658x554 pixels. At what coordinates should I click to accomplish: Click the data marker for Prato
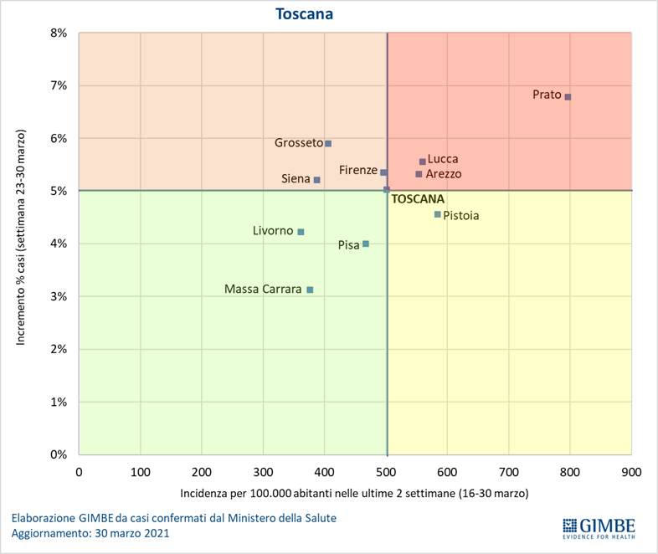(568, 97)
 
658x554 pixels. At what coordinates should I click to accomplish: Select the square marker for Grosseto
(328, 144)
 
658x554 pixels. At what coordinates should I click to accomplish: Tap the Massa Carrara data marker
(310, 290)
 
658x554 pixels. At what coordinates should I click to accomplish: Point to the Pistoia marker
(437, 214)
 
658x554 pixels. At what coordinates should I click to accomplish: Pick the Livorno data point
(301, 232)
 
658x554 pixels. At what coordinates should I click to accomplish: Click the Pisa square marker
(366, 244)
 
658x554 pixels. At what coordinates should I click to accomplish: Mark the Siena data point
(316, 180)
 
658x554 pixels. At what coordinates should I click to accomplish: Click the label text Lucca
(443, 159)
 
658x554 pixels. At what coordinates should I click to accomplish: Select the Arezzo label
(443, 174)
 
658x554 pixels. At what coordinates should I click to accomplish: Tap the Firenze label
(358, 171)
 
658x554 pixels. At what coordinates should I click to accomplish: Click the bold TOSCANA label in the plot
(418, 200)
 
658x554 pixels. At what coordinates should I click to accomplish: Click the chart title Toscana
(306, 14)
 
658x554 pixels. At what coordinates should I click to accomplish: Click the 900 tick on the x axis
(631, 471)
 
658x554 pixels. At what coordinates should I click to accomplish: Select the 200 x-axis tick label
(201, 471)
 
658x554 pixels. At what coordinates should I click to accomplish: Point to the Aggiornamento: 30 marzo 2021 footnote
(90, 533)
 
